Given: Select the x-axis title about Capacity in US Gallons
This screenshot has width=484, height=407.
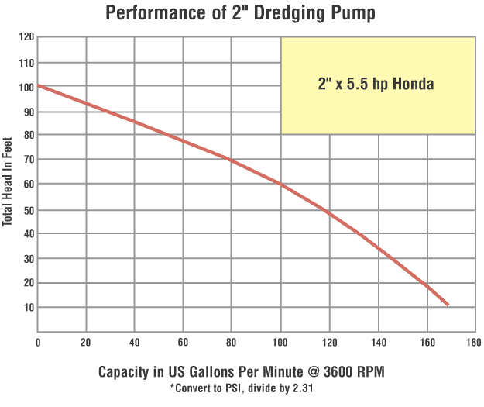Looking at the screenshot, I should click(242, 372).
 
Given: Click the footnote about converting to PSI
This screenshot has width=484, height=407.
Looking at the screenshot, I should click(242, 388).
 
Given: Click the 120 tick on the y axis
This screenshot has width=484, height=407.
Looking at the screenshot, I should click(26, 37).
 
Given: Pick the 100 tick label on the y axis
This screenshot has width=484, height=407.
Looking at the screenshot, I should click(26, 87).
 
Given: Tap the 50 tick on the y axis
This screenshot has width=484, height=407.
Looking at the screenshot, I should click(29, 210).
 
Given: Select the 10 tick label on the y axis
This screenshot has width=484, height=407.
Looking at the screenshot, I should click(29, 308).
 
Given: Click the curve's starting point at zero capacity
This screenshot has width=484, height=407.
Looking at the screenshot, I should click(39, 85).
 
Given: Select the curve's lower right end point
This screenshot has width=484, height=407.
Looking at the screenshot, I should click(447, 304).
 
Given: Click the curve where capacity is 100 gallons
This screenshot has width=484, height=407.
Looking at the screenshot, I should click(280, 185).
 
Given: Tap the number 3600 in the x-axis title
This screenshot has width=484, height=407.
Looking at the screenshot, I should click(337, 372).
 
